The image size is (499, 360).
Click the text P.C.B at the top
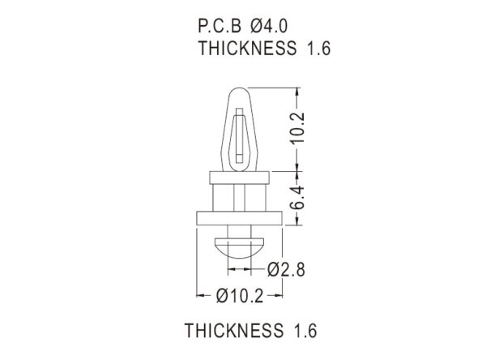[x=220, y=26]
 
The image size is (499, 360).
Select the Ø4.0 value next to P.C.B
[x=269, y=26]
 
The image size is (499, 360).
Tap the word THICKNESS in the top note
[x=247, y=48]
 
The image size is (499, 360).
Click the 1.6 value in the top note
[x=318, y=48]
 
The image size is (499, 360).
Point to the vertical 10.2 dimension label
[x=298, y=128]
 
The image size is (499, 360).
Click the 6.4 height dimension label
[x=298, y=198]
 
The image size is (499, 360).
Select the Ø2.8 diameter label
[x=286, y=269]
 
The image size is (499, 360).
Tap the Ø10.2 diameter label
[x=240, y=296]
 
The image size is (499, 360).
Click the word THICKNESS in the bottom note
[x=234, y=330]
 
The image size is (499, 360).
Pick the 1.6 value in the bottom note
[x=305, y=330]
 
